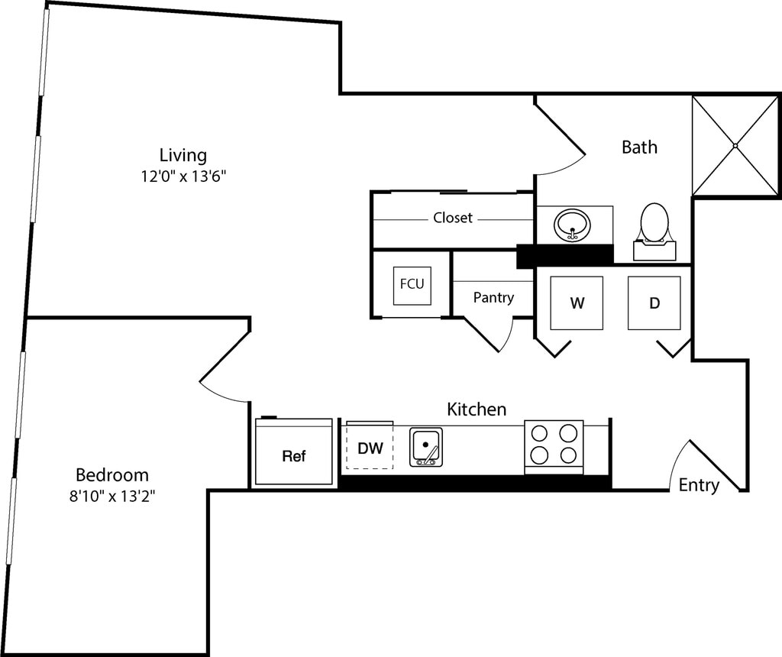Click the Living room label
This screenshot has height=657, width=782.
(183, 155)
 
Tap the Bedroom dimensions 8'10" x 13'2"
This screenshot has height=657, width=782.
(112, 497)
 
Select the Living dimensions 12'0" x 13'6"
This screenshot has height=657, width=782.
(183, 176)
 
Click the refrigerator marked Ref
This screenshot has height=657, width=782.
(294, 451)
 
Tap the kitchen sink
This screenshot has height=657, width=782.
(426, 447)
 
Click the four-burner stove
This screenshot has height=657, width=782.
(554, 447)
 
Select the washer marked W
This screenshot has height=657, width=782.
(577, 303)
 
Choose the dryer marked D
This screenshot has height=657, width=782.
(654, 303)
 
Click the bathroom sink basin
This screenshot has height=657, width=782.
(573, 225)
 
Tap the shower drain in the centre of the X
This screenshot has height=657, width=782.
(735, 146)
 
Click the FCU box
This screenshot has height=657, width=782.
(412, 286)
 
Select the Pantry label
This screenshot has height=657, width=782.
(493, 298)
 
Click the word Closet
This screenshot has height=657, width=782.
(452, 218)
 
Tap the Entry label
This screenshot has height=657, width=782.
(699, 485)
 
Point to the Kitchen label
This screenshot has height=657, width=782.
(477, 409)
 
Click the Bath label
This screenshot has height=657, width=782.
(639, 147)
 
